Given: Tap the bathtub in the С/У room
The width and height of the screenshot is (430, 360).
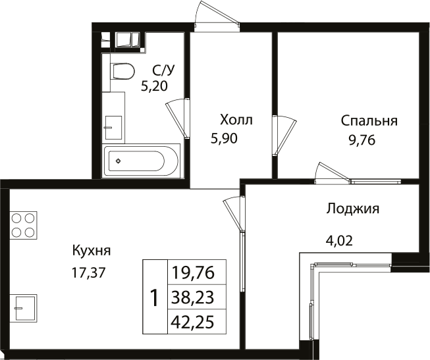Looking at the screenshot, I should [x=141, y=161].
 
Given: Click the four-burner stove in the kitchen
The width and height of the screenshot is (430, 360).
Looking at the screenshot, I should [x=23, y=224].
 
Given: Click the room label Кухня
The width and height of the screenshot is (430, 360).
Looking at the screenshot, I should [x=92, y=250].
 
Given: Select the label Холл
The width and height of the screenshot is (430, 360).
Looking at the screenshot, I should [x=236, y=120].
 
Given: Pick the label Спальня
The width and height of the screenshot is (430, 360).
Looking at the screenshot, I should [x=369, y=120].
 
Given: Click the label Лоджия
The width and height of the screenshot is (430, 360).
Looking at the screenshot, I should [x=352, y=209].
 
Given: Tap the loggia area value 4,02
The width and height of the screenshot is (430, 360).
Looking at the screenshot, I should [x=340, y=240].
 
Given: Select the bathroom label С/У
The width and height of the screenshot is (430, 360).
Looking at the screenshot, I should [x=163, y=69].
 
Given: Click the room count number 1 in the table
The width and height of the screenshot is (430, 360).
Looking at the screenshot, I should [x=155, y=298].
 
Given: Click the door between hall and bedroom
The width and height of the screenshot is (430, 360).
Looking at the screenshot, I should [x=282, y=136].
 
